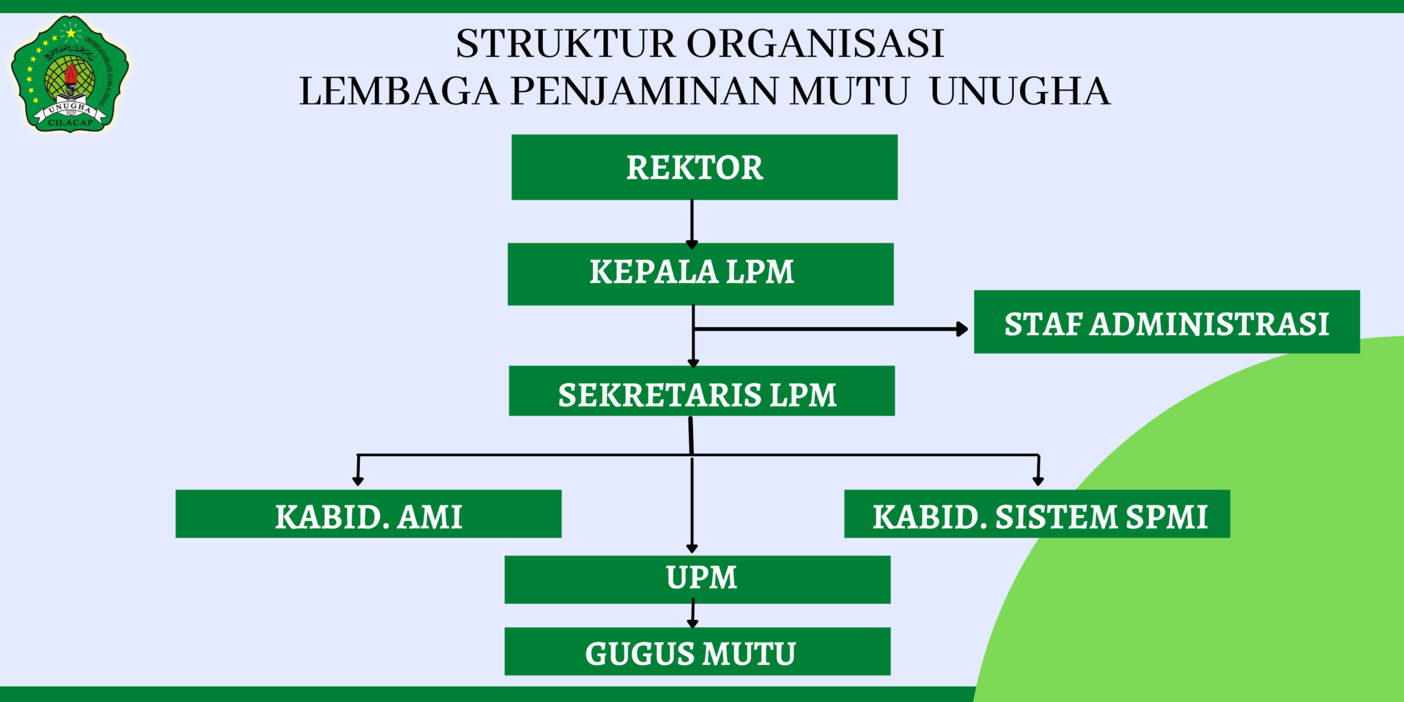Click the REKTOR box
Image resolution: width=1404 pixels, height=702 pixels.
704,167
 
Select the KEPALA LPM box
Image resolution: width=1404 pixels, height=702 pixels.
700,274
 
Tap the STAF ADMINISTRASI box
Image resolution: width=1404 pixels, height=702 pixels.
1166,322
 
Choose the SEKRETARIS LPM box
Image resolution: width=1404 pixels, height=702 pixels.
701,391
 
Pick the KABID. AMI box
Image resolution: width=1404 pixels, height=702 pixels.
368,513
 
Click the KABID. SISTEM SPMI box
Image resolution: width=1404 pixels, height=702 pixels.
1037,513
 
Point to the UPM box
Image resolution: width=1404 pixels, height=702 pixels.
697,579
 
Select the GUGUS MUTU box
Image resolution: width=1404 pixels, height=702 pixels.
697,651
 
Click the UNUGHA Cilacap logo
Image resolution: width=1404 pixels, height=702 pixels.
70,74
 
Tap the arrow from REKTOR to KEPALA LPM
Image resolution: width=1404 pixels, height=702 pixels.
692,223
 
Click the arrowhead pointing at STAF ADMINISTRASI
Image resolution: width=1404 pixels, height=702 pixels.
963,329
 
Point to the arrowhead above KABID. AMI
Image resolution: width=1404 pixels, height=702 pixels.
357,481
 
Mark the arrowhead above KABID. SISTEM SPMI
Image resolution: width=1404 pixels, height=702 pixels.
1038,481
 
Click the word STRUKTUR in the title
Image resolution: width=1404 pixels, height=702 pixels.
566,44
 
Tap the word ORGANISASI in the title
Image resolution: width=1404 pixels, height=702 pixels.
815,44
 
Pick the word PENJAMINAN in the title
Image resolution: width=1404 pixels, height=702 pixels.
644,91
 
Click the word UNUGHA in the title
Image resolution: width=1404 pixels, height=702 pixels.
1019,91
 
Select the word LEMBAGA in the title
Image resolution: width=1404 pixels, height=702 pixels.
399,91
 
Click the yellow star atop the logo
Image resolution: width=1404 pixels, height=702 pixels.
70,32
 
